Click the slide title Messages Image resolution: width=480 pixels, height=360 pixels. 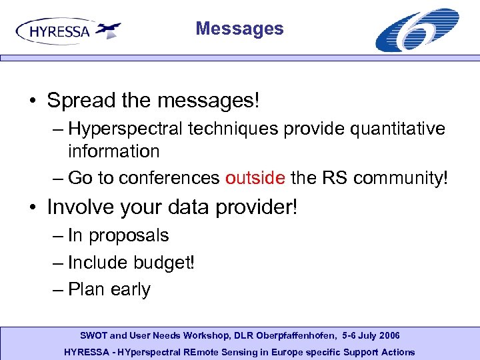pos(239,29)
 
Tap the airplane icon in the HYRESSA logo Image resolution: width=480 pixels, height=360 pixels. pos(107,29)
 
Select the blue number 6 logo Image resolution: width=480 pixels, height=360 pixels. pos(417,29)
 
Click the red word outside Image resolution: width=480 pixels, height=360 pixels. pos(255,178)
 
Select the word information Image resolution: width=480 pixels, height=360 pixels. pos(113,151)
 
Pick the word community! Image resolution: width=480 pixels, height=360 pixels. pos(401,178)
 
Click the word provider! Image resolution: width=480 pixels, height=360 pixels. pos(256,207)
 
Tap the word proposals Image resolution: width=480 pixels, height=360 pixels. pos(129,235)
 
